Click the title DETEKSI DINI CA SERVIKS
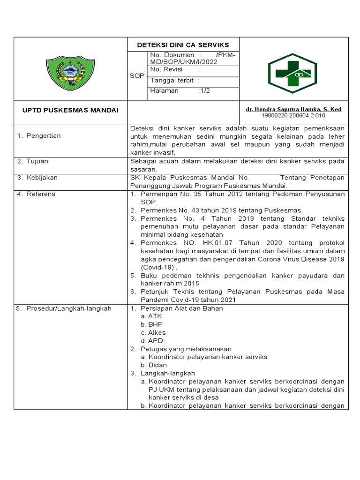click(x=183, y=45)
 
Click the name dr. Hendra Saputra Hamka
click(x=293, y=109)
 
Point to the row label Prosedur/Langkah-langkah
click(x=68, y=308)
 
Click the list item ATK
click(x=155, y=316)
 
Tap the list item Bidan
click(x=157, y=365)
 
